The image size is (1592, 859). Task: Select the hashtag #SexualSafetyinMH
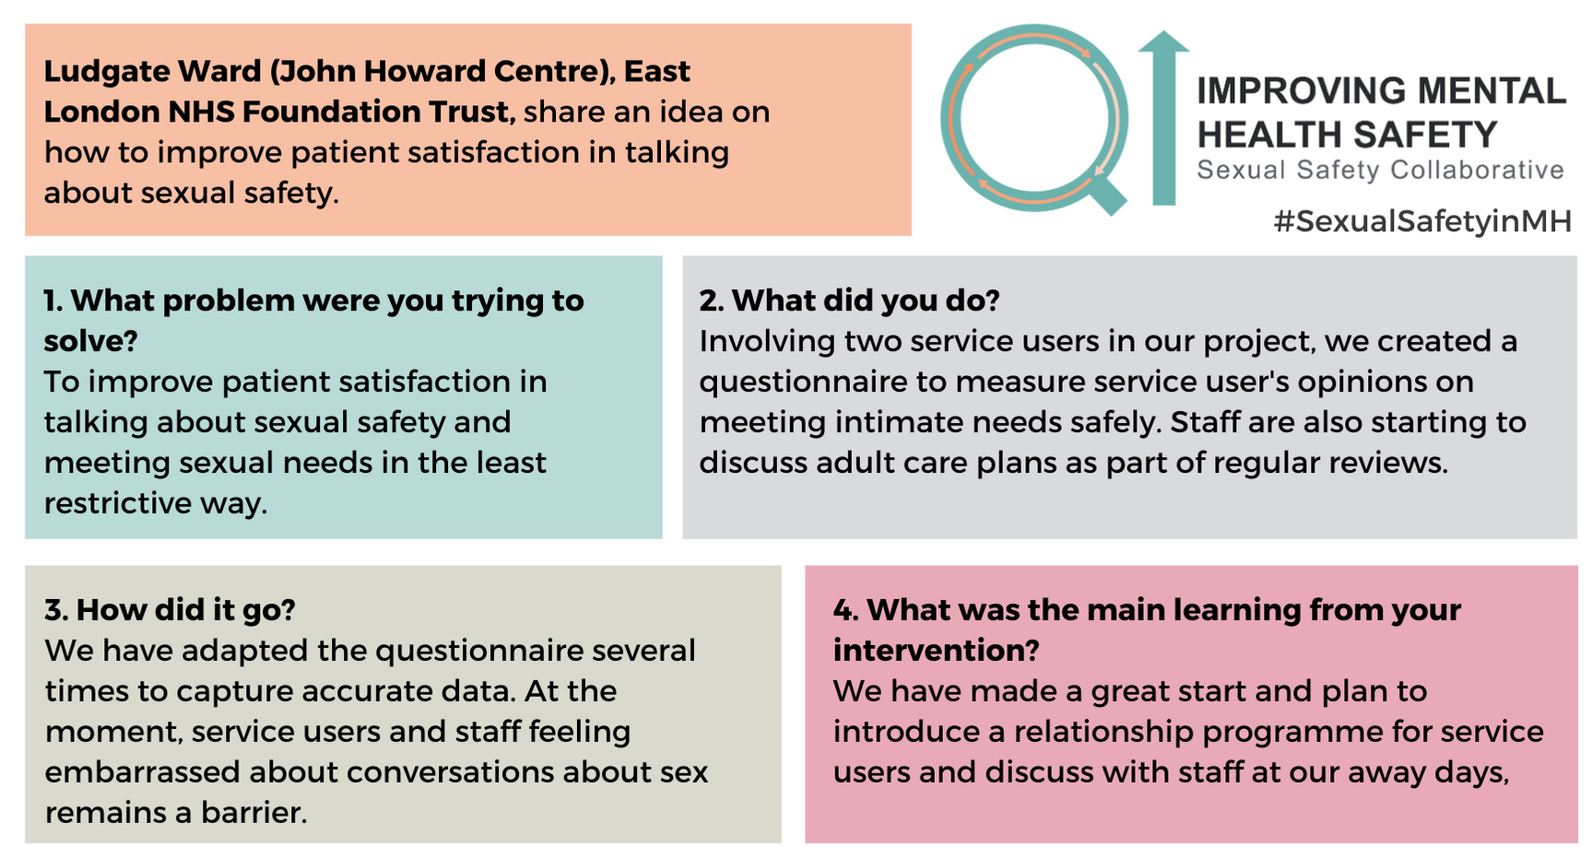1421,221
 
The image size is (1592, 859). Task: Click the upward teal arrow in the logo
1164,117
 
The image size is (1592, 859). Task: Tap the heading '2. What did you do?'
849,300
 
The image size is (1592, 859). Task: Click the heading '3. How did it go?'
170,609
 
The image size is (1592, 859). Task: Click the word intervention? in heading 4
936,651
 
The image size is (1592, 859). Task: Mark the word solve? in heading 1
90,341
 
